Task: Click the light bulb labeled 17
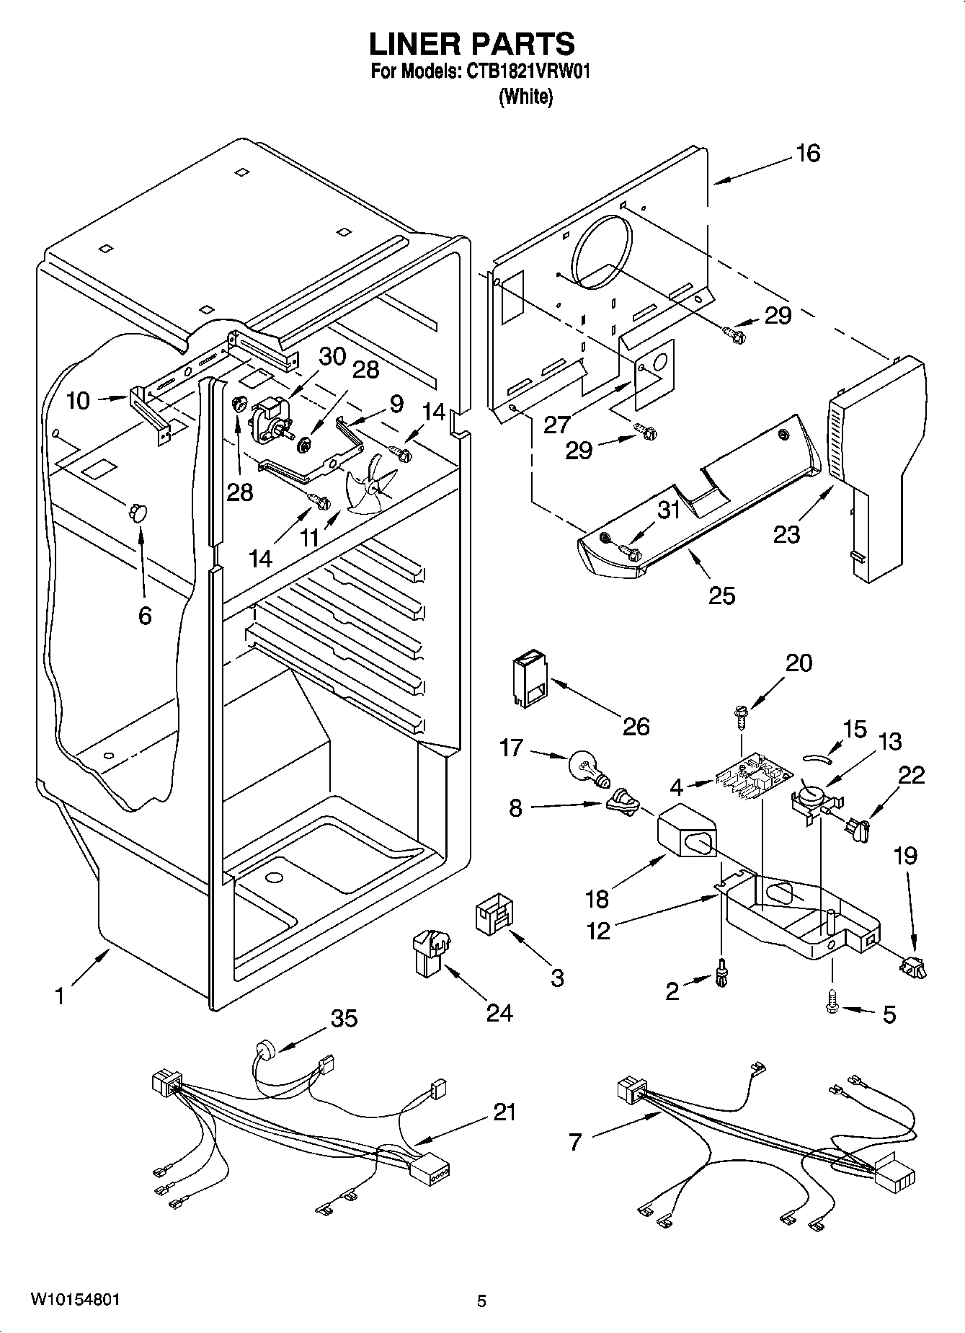[x=588, y=767]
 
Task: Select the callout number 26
[x=636, y=725]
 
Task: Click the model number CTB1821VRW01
[x=528, y=72]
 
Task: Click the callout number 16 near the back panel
[x=808, y=153]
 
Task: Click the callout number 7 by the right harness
[x=574, y=1142]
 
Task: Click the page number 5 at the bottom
[x=481, y=1301]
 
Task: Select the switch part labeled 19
[x=912, y=967]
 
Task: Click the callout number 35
[x=344, y=1019]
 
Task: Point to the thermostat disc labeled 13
[x=811, y=792]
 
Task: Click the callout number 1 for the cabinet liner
[x=60, y=996]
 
